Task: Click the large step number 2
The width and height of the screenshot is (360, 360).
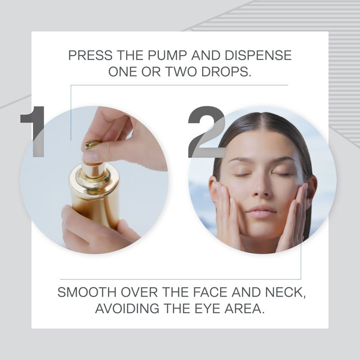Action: [x=207, y=132]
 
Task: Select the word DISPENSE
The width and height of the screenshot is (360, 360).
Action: [x=258, y=55]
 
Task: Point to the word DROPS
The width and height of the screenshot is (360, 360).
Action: [x=226, y=72]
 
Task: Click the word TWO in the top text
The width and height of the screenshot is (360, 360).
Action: [x=181, y=72]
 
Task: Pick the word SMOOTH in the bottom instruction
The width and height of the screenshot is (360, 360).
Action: [x=87, y=292]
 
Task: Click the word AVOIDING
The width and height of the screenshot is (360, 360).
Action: [x=127, y=308]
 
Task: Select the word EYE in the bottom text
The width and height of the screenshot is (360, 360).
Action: [x=207, y=308]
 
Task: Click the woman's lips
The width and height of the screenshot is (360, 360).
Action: [x=262, y=211]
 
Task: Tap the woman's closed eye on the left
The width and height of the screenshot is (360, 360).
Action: [x=243, y=175]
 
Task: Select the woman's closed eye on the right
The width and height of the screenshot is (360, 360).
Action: [x=282, y=174]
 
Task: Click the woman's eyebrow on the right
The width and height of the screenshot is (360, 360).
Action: [x=282, y=159]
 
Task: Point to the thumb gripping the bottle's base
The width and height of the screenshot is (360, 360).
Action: [x=125, y=229]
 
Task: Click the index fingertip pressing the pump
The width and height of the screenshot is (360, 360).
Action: [x=91, y=156]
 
